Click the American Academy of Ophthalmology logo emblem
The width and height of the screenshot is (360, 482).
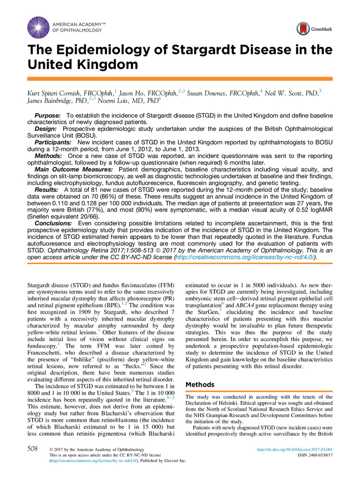coord(38,27)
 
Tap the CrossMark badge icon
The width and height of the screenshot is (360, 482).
coord(303,28)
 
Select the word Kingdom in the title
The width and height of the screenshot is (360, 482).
coord(108,64)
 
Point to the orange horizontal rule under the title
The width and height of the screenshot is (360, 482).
coord(180,79)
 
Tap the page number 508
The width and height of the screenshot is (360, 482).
coord(32,449)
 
